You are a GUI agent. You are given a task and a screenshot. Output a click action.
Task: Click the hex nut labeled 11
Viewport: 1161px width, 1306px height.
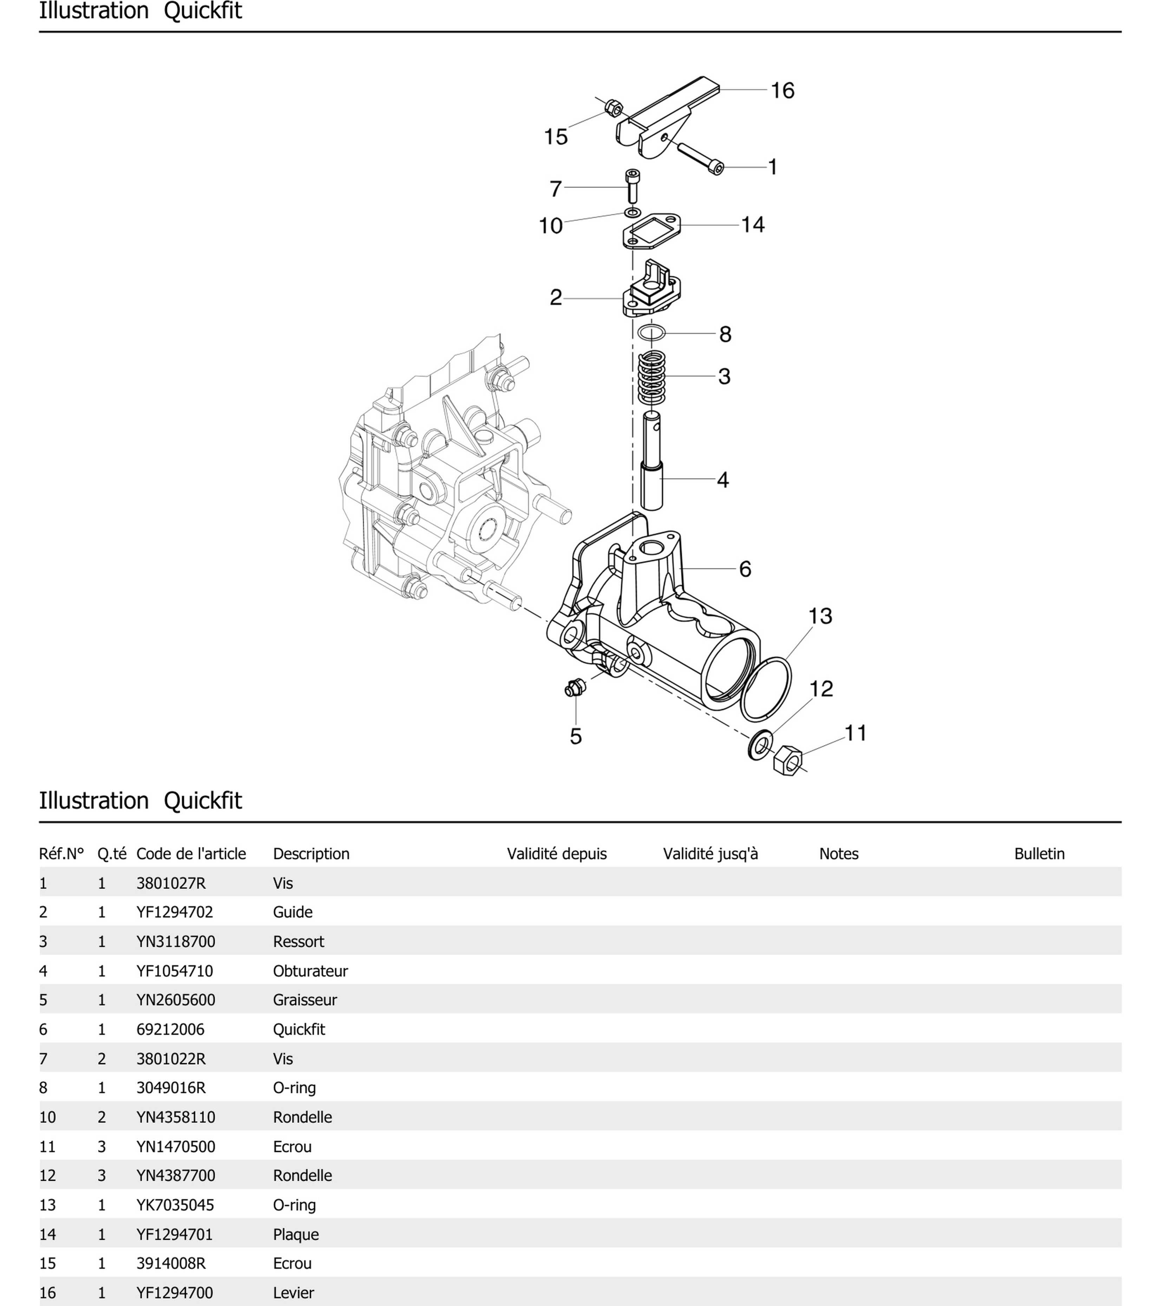pos(787,760)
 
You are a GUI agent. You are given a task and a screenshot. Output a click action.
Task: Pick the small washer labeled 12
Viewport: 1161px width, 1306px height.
pos(760,746)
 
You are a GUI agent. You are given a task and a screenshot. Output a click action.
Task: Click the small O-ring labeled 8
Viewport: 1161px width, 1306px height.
pos(651,332)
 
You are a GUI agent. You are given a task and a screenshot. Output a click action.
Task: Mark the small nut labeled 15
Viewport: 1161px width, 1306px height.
pos(613,107)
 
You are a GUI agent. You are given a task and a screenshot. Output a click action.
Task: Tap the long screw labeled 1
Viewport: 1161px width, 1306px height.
pos(700,157)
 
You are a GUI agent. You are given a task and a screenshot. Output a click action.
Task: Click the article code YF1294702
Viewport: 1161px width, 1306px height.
pos(175,912)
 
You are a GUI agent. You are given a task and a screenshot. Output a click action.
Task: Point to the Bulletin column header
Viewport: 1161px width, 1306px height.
pos(1039,854)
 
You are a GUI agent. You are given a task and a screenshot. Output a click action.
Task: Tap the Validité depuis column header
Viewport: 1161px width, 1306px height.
pos(557,854)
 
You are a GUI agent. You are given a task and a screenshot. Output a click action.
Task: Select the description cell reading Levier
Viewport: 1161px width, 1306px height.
pos(293,1293)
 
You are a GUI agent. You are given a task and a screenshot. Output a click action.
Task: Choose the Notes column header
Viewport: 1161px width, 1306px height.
pos(838,854)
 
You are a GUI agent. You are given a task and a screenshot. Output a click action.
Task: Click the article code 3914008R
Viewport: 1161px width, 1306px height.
pos(171,1263)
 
